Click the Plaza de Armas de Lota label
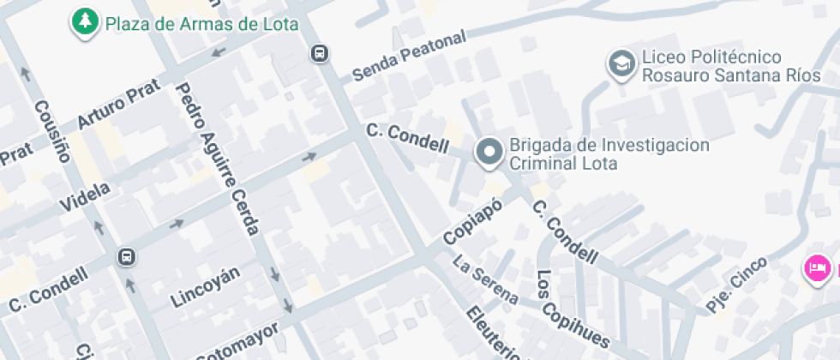[x=201, y=23]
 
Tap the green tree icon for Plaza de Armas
[x=84, y=23]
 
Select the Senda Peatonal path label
[x=409, y=57]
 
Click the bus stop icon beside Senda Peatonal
[x=320, y=54]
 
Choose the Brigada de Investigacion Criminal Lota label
[x=609, y=153]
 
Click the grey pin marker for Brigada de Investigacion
[x=489, y=153]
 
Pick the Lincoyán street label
[x=205, y=287]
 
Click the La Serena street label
[x=485, y=280]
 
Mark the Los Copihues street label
[x=572, y=309]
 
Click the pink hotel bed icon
[x=817, y=268]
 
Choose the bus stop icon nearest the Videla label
[x=126, y=257]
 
